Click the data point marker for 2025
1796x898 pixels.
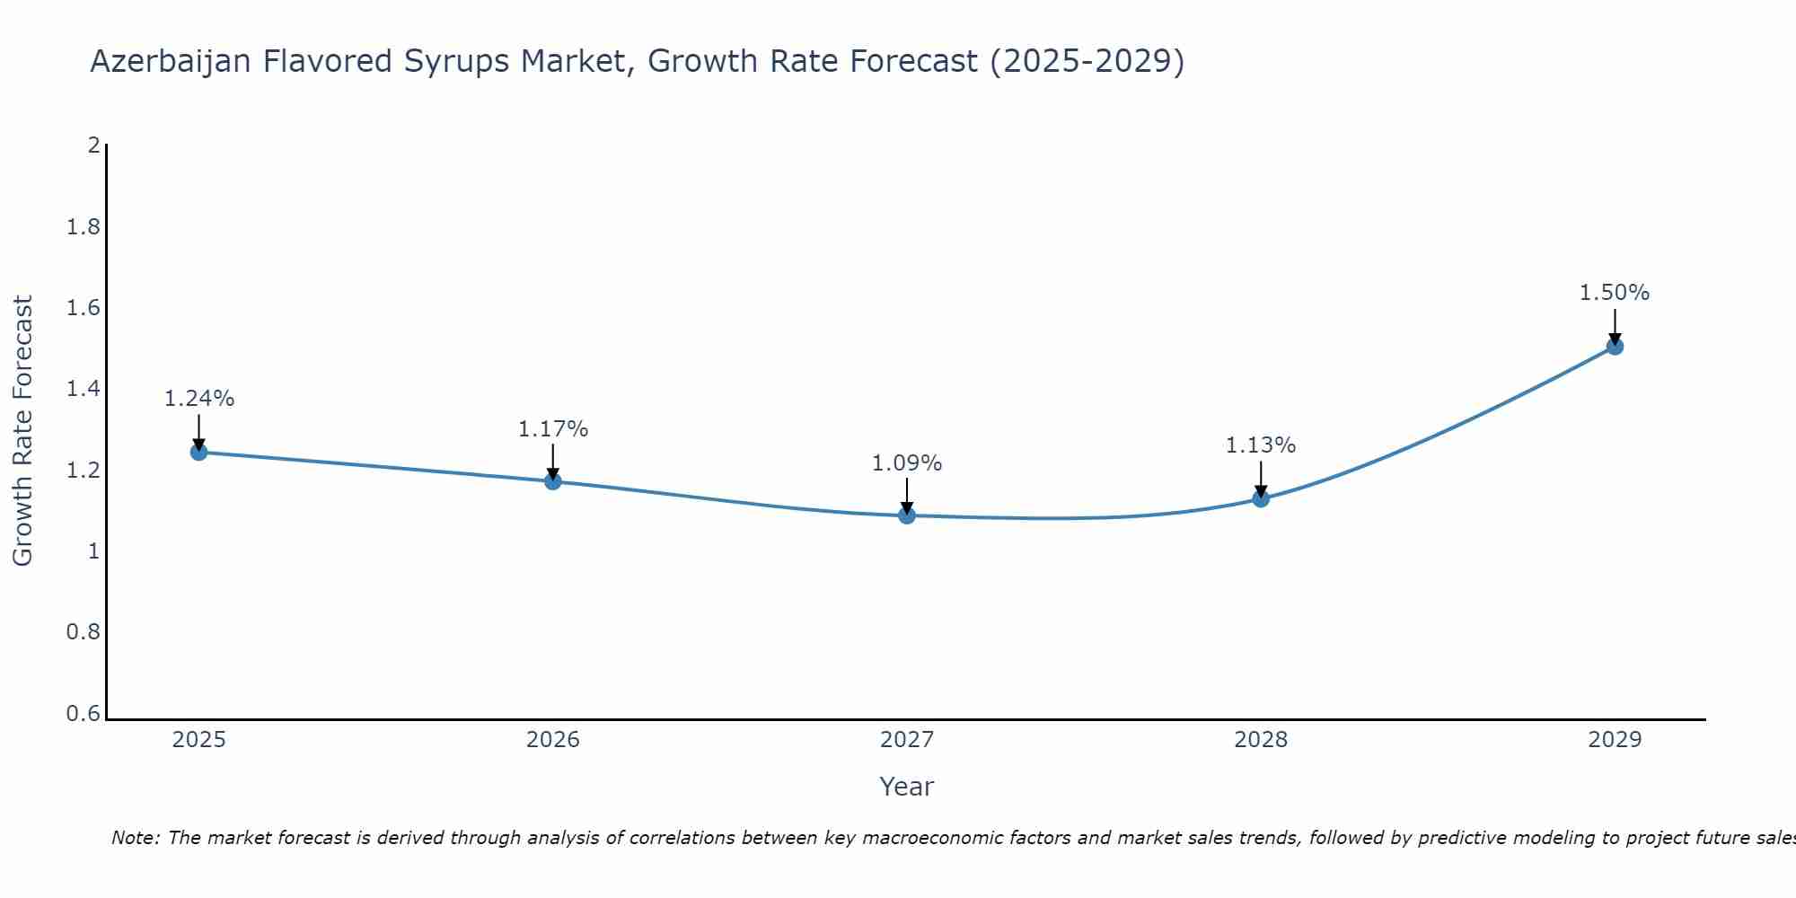point(199,452)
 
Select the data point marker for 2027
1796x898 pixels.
point(907,515)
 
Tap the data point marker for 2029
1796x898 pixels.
point(1615,347)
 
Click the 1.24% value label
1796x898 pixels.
point(199,399)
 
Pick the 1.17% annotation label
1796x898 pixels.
point(553,429)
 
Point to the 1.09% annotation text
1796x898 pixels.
point(907,463)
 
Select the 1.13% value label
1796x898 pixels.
point(1261,445)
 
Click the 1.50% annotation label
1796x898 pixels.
point(1615,293)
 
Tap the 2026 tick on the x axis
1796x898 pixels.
point(553,740)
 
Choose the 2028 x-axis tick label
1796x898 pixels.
point(1261,740)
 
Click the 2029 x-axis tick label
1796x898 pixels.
point(1615,740)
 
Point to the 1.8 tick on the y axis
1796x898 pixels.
point(84,227)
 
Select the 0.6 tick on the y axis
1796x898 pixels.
point(84,714)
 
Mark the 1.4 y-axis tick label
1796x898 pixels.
point(84,389)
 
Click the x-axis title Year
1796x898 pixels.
point(907,787)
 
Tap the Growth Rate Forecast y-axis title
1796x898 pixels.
point(23,431)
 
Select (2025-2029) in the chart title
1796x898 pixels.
point(1087,62)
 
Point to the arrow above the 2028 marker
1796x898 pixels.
point(1261,479)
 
